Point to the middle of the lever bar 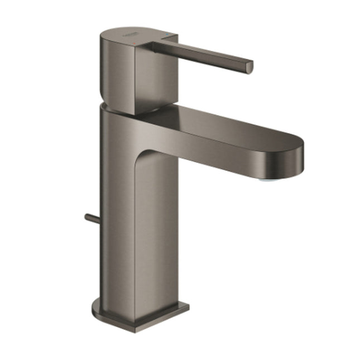207,55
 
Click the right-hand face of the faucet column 162,234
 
